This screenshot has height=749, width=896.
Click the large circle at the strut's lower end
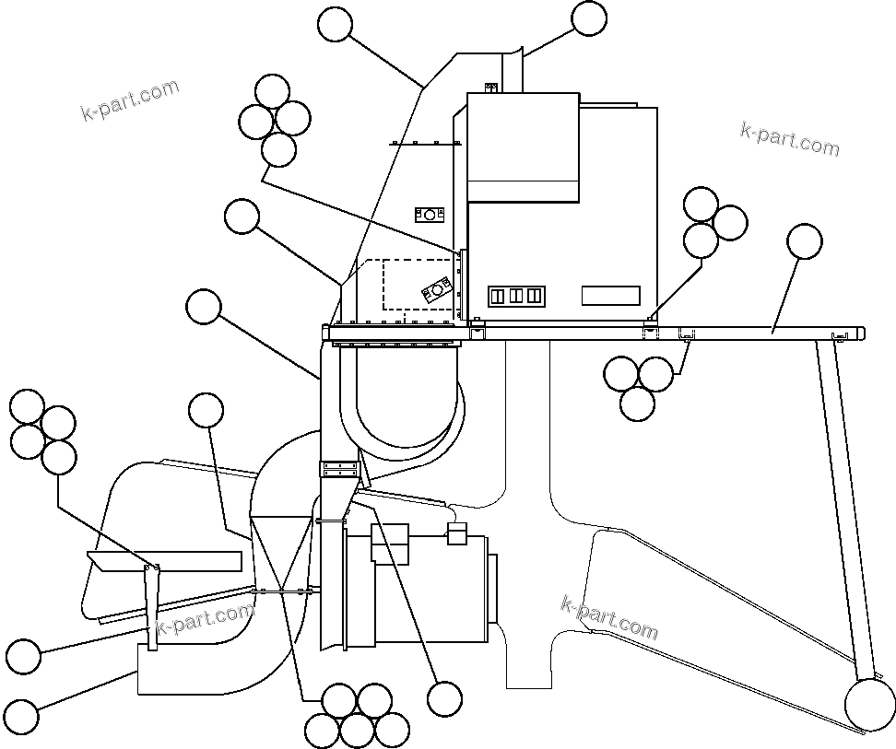click(869, 707)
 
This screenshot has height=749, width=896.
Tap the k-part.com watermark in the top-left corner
click(130, 100)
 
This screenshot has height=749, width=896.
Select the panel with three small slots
click(516, 296)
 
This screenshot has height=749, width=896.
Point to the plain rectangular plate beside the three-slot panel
click(610, 296)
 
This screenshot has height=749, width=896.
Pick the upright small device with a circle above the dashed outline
click(430, 215)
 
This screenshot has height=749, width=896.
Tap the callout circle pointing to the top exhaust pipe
click(589, 18)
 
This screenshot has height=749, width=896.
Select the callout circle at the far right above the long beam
click(804, 241)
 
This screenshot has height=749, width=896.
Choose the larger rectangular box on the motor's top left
click(390, 542)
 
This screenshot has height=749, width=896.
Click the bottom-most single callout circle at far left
click(22, 716)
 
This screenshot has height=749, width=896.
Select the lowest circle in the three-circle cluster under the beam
click(638, 403)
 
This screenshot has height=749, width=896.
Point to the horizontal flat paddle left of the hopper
click(164, 560)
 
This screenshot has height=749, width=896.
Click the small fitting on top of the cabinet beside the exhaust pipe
click(491, 88)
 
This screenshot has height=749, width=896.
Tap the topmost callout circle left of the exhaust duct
click(335, 24)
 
